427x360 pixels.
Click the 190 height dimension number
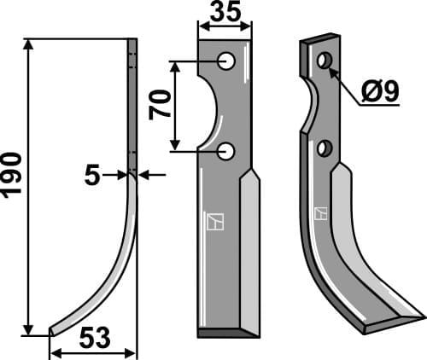point(12,176)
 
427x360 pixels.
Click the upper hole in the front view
point(226,61)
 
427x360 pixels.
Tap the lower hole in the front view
point(226,152)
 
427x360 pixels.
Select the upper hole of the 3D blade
point(324,61)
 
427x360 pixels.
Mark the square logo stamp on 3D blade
point(321,213)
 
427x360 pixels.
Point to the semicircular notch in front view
point(211,107)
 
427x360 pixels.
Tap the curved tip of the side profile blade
point(54,330)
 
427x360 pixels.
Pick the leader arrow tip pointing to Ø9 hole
point(330,68)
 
